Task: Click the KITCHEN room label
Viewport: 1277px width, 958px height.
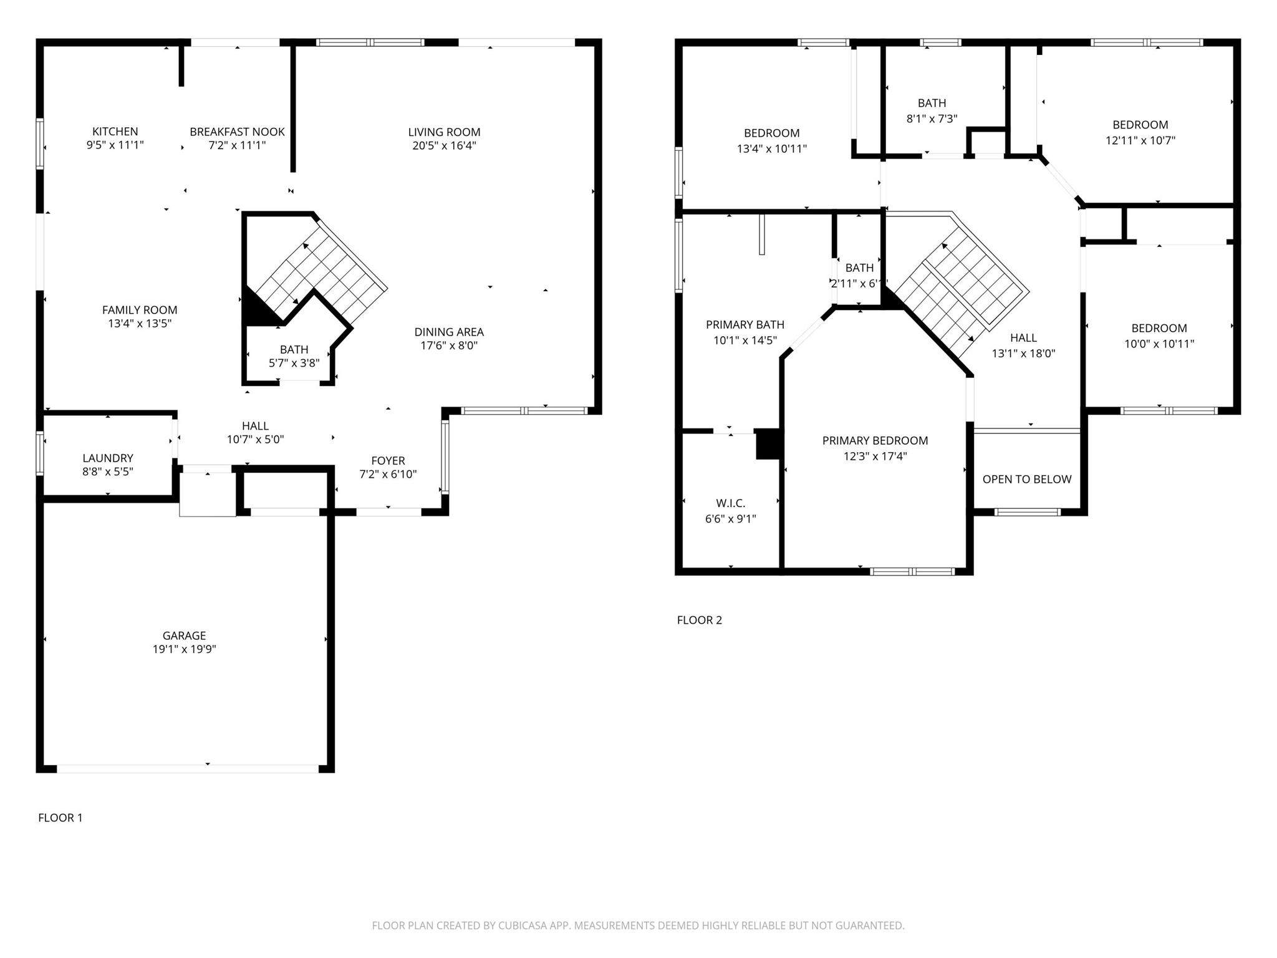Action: coord(115,132)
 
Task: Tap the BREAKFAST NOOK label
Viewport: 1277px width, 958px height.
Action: coord(237,132)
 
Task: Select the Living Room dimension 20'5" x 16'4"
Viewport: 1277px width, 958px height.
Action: coord(444,146)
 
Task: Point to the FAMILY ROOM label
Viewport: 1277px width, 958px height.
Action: coord(140,310)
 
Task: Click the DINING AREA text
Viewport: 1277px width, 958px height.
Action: coord(449,332)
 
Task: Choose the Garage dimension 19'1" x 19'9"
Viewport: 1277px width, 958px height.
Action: coord(184,649)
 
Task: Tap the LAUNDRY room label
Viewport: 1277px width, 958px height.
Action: coord(108,458)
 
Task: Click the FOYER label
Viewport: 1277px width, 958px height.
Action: coord(388,461)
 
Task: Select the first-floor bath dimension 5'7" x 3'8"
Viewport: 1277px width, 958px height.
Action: coord(294,363)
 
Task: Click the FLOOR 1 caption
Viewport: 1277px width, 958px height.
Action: coord(60,818)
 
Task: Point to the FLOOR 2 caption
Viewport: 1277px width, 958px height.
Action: coord(699,620)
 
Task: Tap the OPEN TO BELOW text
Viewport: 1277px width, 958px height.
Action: coord(1026,479)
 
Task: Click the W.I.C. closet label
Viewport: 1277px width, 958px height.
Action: coord(730,503)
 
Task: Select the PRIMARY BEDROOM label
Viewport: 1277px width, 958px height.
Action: coord(875,440)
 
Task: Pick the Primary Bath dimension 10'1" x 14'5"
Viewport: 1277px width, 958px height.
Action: coord(745,341)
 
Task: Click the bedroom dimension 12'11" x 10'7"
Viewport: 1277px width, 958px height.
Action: coord(1140,141)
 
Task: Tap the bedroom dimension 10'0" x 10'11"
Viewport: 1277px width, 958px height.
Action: coord(1159,344)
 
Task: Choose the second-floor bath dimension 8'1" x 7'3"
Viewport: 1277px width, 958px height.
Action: coord(932,119)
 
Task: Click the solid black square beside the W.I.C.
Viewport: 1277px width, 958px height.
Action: coord(768,444)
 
